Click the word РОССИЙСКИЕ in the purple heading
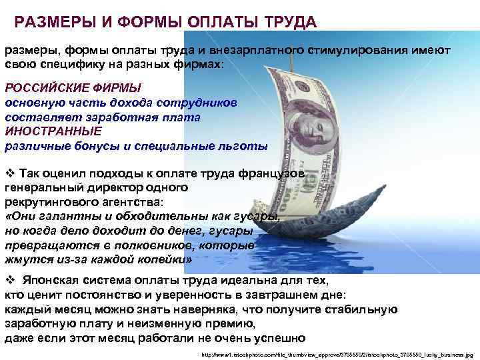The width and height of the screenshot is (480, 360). click(44, 88)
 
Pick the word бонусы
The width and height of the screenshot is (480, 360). click(112, 145)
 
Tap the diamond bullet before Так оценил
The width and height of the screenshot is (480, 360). click(9, 173)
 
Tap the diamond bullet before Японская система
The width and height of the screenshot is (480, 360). click(9, 280)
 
